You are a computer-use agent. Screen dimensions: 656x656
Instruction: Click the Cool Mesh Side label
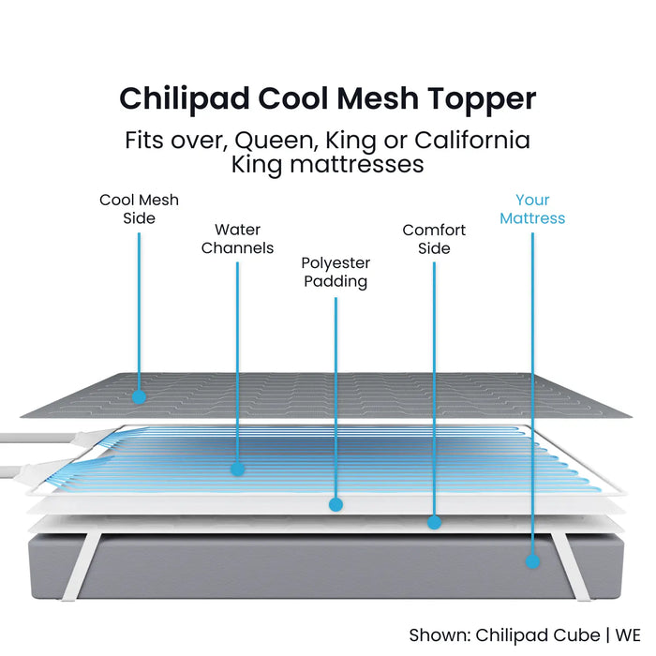pyautogui.click(x=139, y=209)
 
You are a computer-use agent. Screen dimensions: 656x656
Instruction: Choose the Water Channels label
pyautogui.click(x=237, y=238)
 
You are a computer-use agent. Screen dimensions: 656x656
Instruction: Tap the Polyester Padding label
pyautogui.click(x=335, y=272)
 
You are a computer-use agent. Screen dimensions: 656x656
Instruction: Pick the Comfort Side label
pyautogui.click(x=434, y=239)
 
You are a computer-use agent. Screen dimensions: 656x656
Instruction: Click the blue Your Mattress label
pyautogui.click(x=532, y=209)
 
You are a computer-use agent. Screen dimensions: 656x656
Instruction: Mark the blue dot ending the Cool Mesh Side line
pyautogui.click(x=139, y=396)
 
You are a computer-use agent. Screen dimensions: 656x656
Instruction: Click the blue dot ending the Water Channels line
pyautogui.click(x=237, y=467)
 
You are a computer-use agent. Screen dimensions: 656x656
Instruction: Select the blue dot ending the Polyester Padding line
pyautogui.click(x=335, y=504)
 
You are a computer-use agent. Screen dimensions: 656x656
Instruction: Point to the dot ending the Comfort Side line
pyautogui.click(x=434, y=522)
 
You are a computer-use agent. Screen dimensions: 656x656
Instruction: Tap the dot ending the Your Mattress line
pyautogui.click(x=532, y=561)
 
